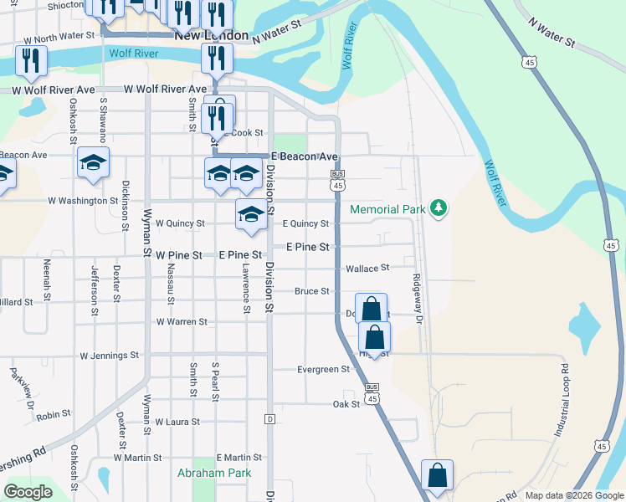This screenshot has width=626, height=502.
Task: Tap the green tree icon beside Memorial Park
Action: tap(438, 208)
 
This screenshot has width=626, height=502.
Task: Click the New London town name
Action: tap(211, 36)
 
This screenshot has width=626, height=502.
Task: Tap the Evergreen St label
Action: tap(323, 369)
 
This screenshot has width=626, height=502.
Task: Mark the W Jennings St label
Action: tap(109, 356)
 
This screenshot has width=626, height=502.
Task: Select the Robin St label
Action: tap(53, 414)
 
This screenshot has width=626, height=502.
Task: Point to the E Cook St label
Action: tap(243, 133)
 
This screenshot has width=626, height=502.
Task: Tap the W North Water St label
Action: tap(59, 37)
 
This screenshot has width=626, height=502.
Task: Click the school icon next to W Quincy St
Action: tap(250, 214)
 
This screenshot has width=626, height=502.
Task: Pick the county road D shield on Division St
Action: tap(269, 417)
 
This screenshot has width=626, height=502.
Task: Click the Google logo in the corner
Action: tap(28, 492)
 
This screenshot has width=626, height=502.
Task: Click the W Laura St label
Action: tap(177, 423)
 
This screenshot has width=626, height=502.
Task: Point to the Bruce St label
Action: tap(311, 291)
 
